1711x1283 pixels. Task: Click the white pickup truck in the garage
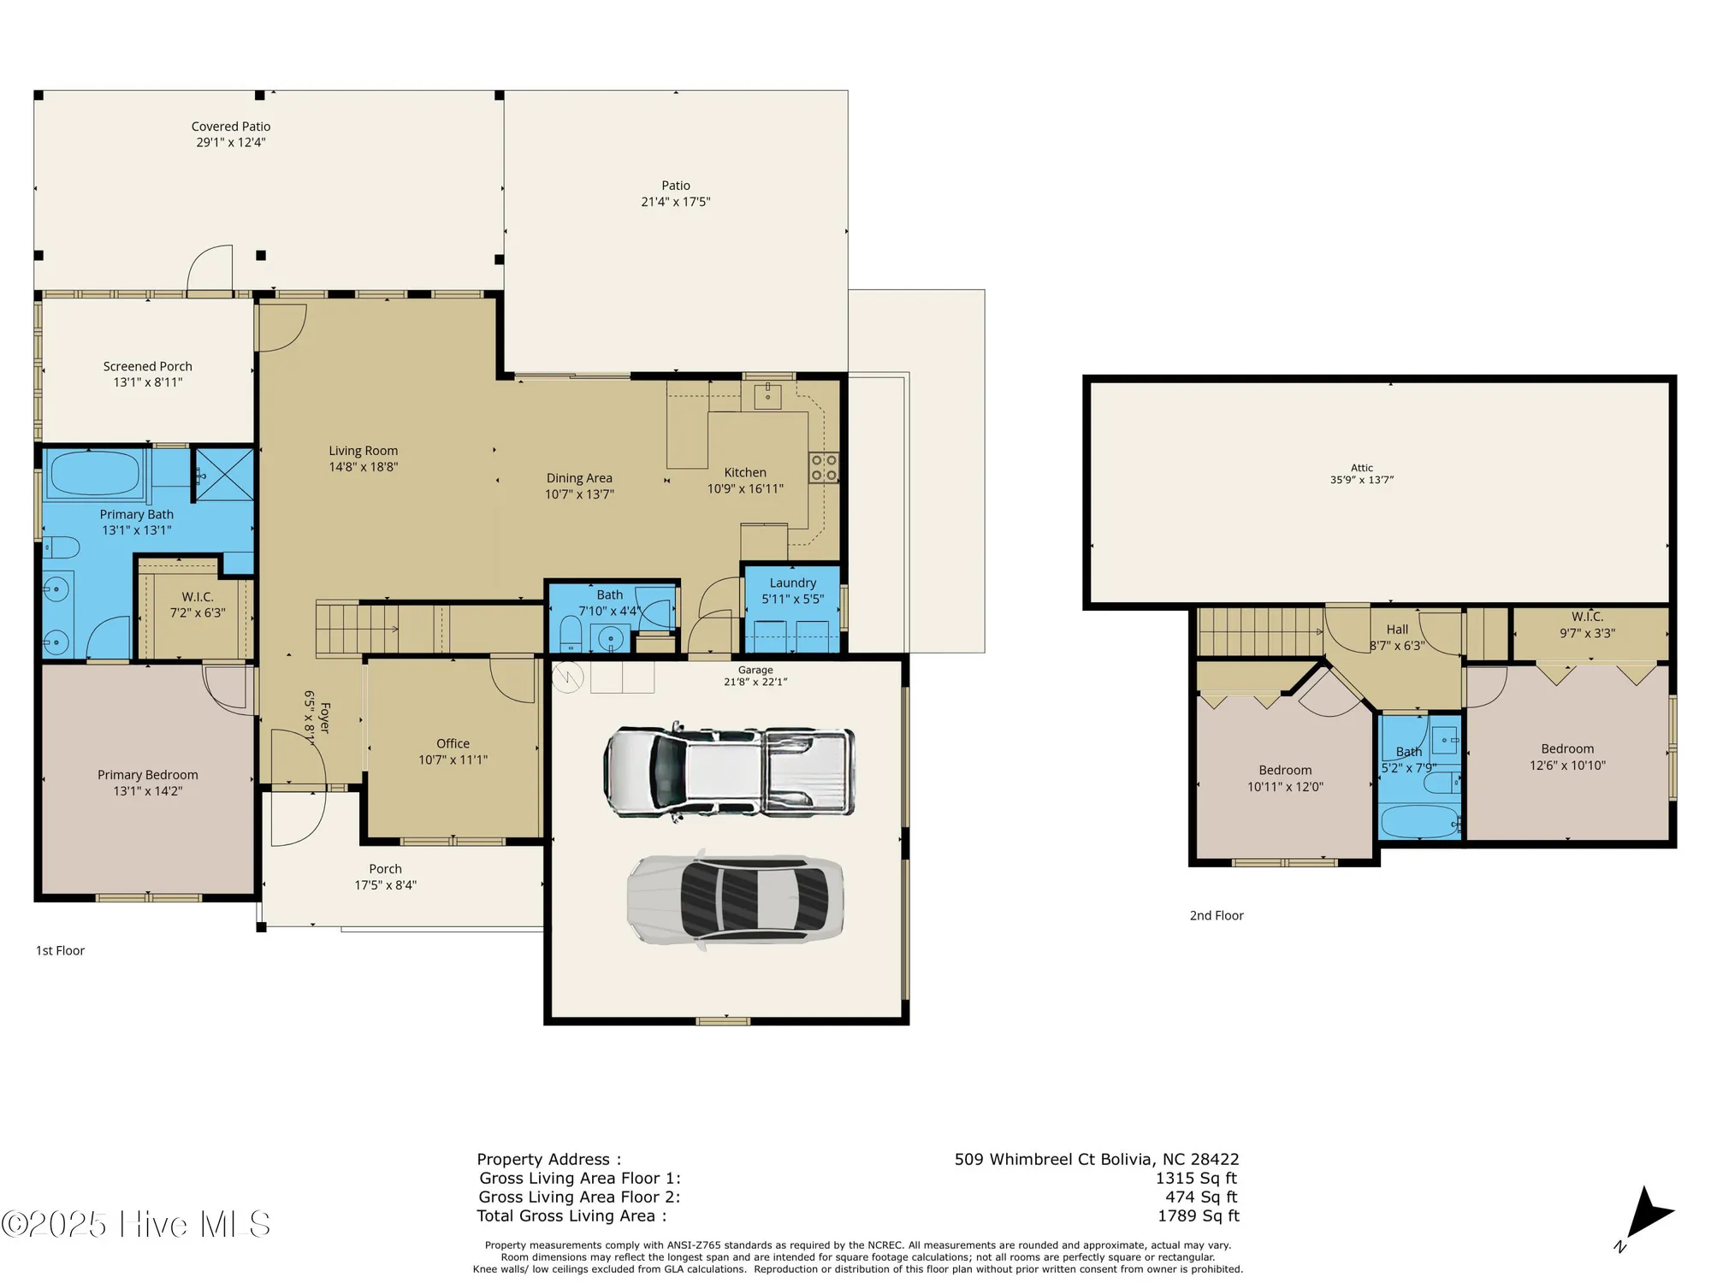729,772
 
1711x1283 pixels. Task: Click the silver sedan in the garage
736,900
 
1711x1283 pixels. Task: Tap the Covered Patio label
231,127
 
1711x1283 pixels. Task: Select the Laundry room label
792,582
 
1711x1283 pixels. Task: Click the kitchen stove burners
824,468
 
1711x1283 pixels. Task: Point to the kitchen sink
767,395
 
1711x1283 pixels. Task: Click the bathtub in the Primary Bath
95,473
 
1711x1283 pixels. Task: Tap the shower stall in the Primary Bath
224,474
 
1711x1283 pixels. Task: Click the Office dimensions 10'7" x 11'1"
453,760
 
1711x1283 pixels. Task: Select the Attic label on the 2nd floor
1362,468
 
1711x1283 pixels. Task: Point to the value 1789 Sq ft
1198,1215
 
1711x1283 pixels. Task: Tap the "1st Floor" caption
60,950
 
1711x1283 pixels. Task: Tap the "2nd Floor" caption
1217,915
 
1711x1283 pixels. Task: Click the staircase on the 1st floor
359,629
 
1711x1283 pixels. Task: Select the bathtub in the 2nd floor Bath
1419,822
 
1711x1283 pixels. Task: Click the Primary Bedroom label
148,775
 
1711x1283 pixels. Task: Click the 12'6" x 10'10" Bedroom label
1567,757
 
